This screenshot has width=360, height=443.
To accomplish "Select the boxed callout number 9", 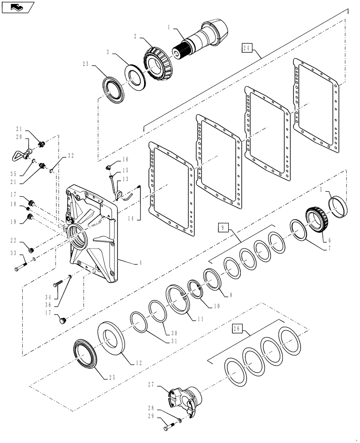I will (x=224, y=228).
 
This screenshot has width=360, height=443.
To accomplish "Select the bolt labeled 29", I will (x=168, y=428).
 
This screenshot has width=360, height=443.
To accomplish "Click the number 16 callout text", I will (x=125, y=159).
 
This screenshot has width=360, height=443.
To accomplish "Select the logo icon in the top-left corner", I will (x=16, y=7).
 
